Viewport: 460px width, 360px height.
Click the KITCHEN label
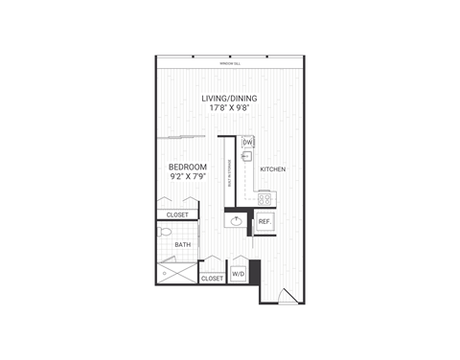tap(273, 169)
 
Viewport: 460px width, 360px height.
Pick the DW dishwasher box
tap(247, 142)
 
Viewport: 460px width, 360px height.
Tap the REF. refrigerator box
tap(265, 221)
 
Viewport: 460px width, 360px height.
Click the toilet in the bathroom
tap(165, 232)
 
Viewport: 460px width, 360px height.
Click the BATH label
tap(182, 244)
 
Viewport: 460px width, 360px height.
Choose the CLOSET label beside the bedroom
tap(178, 214)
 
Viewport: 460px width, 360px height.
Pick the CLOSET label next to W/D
tap(212, 279)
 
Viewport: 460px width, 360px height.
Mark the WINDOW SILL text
tap(229, 63)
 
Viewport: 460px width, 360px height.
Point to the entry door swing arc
tap(282, 296)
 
